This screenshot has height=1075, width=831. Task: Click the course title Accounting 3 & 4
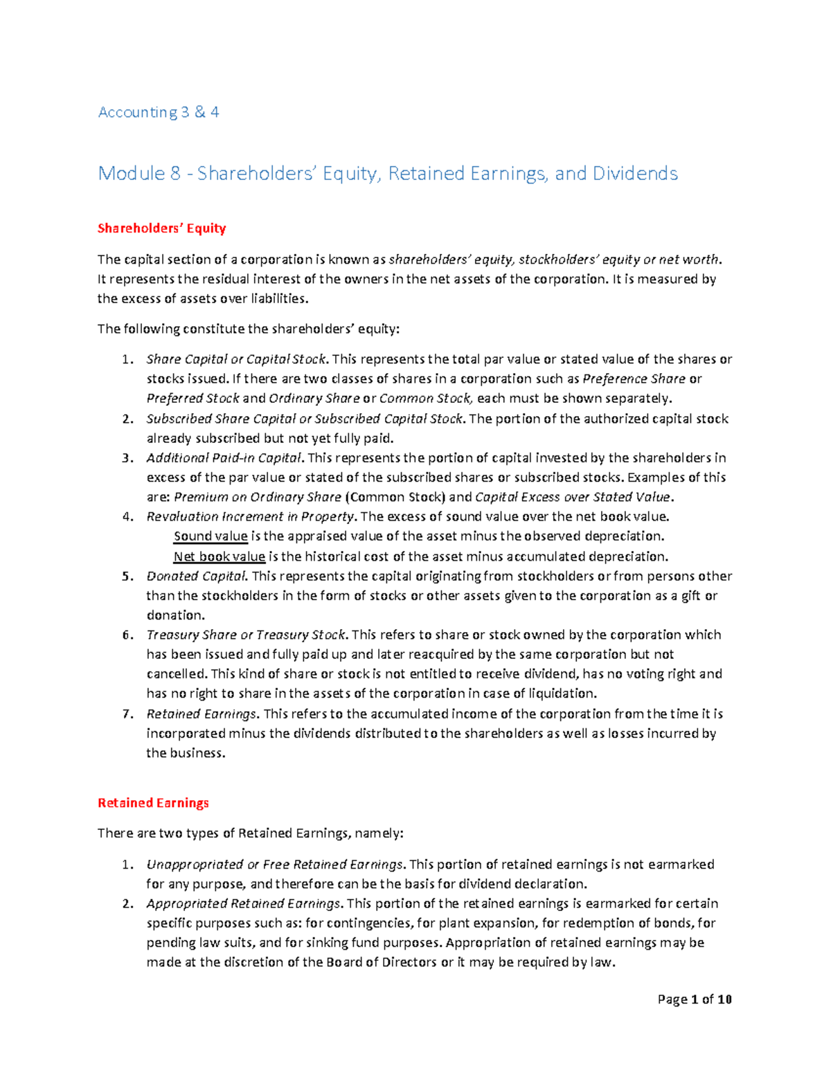(159, 112)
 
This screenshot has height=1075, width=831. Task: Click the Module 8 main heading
(388, 173)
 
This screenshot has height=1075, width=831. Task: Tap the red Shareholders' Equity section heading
(161, 228)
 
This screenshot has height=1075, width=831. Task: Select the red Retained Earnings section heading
(153, 803)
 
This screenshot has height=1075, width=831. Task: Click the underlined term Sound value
(211, 536)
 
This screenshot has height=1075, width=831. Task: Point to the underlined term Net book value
(219, 557)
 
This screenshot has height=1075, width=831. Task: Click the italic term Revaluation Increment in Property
(251, 517)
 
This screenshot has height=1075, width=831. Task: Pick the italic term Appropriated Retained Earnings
(243, 904)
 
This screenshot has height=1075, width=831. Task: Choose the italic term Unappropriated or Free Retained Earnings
(274, 865)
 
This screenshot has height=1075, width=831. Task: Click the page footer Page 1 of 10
(695, 1000)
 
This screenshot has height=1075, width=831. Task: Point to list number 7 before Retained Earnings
(127, 714)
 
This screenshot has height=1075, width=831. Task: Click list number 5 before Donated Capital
(127, 577)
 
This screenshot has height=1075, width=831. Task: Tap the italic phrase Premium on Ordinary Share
(258, 498)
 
